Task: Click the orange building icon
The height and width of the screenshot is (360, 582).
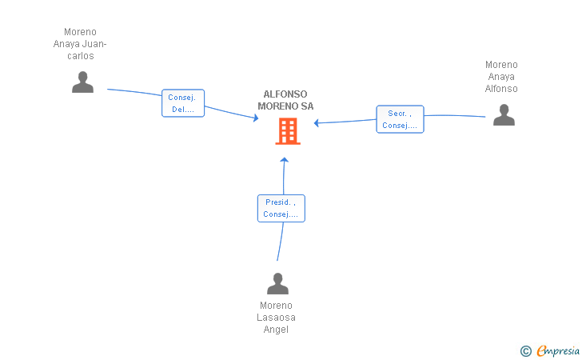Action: click(288, 131)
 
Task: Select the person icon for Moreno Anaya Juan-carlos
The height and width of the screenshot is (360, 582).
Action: click(82, 82)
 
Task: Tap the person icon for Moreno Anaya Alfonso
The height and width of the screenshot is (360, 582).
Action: click(504, 114)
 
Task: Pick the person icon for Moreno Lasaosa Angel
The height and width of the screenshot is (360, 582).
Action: click(277, 283)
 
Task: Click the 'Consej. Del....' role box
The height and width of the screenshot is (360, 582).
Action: click(183, 103)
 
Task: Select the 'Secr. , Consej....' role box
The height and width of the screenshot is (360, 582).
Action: click(400, 119)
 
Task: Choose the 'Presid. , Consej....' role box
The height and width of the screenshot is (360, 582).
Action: click(281, 209)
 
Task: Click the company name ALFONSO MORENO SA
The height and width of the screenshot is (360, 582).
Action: click(285, 100)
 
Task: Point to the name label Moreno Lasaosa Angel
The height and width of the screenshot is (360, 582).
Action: click(276, 318)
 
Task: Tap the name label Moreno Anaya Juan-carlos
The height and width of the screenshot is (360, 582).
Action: click(80, 44)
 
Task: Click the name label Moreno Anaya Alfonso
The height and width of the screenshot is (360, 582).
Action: click(501, 77)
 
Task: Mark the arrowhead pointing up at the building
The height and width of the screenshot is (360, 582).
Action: click(285, 160)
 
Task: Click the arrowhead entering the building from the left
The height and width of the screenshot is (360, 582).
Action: click(256, 118)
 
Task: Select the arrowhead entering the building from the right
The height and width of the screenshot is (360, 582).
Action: click(317, 123)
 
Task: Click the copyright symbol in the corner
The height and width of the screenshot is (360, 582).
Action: click(525, 351)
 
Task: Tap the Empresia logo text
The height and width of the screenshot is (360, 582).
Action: click(558, 350)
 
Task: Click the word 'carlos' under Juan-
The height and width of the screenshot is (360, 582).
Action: click(81, 56)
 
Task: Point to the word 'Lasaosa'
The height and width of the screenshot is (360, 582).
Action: click(276, 318)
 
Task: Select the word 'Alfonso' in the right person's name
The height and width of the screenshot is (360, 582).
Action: click(501, 89)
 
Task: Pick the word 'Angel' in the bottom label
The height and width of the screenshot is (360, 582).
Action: click(276, 330)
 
